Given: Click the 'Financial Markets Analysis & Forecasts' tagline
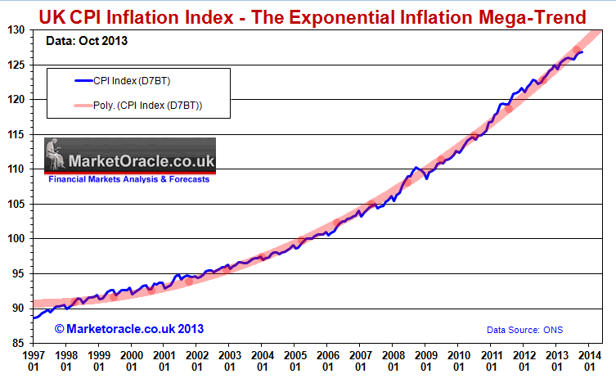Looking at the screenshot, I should pyautogui.click(x=128, y=179).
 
